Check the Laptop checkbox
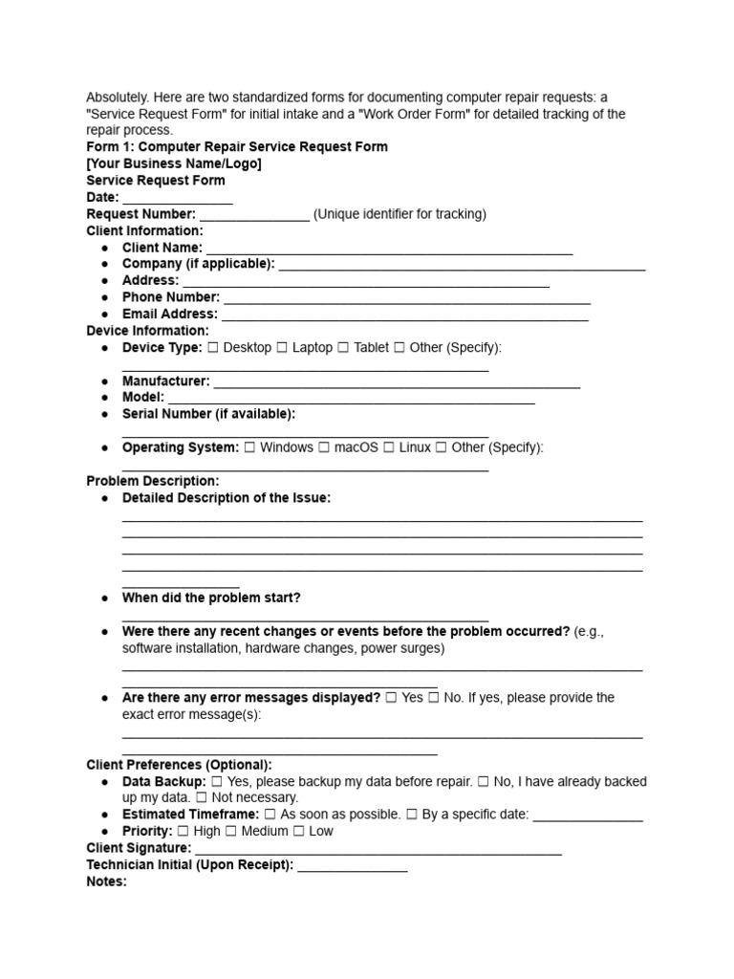tap(282, 348)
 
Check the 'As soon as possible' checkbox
tap(270, 815)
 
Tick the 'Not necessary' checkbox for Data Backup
tap(202, 797)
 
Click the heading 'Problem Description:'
tap(153, 481)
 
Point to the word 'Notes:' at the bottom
tap(106, 881)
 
